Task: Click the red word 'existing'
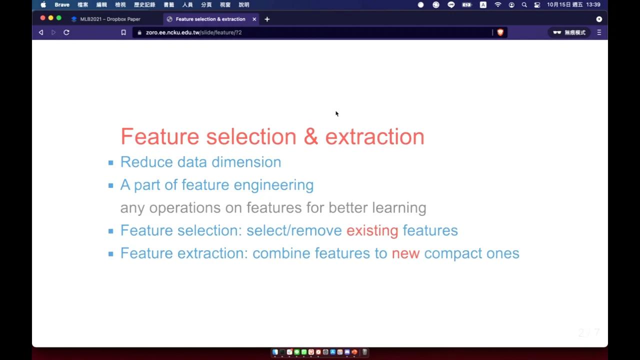click(x=372, y=230)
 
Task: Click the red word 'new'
click(x=405, y=253)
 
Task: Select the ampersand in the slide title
click(x=310, y=136)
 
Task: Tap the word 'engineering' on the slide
click(x=273, y=185)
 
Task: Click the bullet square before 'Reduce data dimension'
click(x=111, y=162)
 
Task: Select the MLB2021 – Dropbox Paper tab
click(x=110, y=19)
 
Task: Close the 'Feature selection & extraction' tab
click(x=254, y=19)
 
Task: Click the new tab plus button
click(x=267, y=19)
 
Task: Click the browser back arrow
click(x=41, y=32)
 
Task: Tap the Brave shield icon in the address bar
click(x=500, y=32)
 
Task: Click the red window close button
click(x=42, y=18)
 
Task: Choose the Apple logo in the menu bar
click(x=43, y=4)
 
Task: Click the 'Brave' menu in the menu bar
click(x=62, y=4)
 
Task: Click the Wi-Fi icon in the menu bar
click(x=497, y=4)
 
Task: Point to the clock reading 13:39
click(x=593, y=4)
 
